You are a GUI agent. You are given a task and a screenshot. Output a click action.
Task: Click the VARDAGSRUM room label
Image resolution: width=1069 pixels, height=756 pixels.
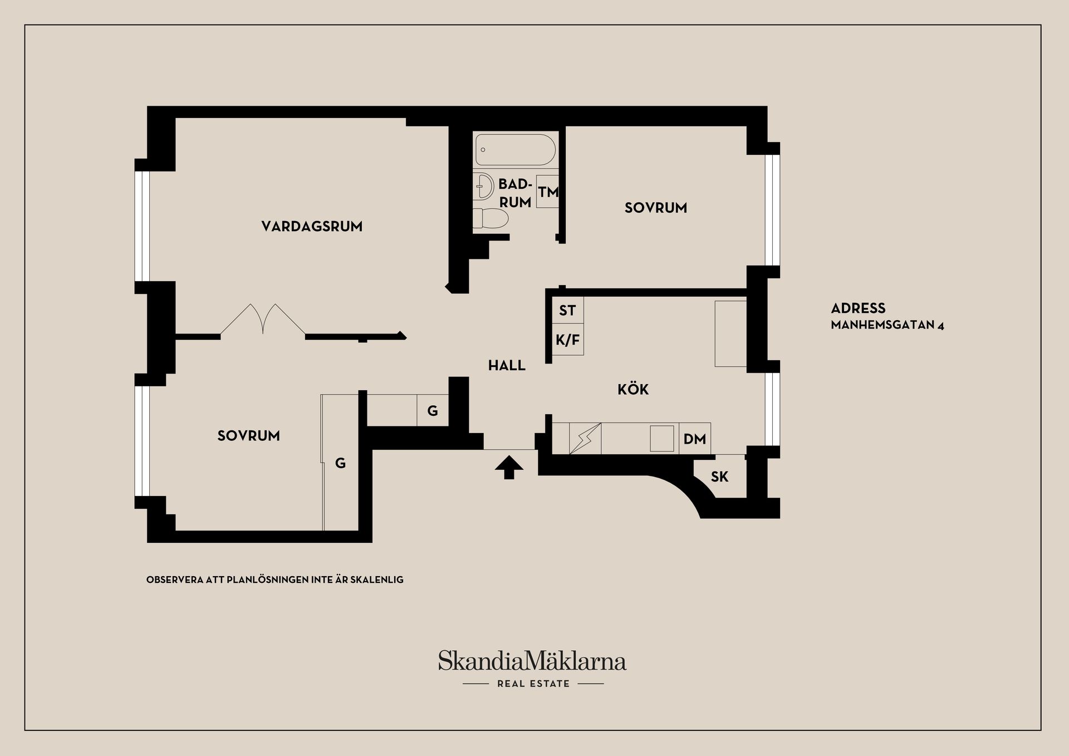coord(312,227)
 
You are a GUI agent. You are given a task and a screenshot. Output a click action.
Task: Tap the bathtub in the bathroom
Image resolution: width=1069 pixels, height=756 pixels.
coord(515,150)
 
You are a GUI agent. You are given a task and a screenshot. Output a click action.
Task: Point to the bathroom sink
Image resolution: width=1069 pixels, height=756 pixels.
coord(484,186)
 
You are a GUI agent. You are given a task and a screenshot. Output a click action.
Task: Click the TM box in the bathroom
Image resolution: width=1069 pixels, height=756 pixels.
coord(547,192)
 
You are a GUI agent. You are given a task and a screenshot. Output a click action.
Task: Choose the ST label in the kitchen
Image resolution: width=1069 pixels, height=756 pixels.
coord(567,311)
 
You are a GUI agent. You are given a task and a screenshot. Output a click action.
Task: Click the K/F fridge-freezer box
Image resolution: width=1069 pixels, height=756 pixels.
coord(568,339)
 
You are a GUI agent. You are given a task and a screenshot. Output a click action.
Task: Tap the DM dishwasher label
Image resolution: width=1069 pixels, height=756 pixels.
coord(695,439)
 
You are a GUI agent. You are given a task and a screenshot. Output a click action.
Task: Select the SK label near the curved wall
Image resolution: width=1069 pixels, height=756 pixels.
coord(719,477)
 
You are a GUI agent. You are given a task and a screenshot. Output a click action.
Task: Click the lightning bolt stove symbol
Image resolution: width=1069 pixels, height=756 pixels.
coord(585,439)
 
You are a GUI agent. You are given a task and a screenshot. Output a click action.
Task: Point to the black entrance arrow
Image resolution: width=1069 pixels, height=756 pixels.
coord(509,468)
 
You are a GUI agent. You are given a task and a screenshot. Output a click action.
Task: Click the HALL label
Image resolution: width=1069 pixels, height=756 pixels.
coord(507,366)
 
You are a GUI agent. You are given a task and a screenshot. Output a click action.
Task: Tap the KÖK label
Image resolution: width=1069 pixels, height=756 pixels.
coord(633,389)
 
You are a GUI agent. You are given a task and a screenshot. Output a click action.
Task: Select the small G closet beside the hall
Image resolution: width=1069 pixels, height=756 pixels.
coord(433,411)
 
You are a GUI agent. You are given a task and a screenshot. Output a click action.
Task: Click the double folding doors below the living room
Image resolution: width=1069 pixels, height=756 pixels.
coord(263,320)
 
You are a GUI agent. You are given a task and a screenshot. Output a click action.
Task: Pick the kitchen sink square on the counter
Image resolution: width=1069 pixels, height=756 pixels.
coord(662,439)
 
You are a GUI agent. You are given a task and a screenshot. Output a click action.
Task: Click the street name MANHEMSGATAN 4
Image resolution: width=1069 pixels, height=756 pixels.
coord(887,325)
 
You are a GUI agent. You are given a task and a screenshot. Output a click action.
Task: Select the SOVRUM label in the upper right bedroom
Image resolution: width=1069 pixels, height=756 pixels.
coord(656,208)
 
